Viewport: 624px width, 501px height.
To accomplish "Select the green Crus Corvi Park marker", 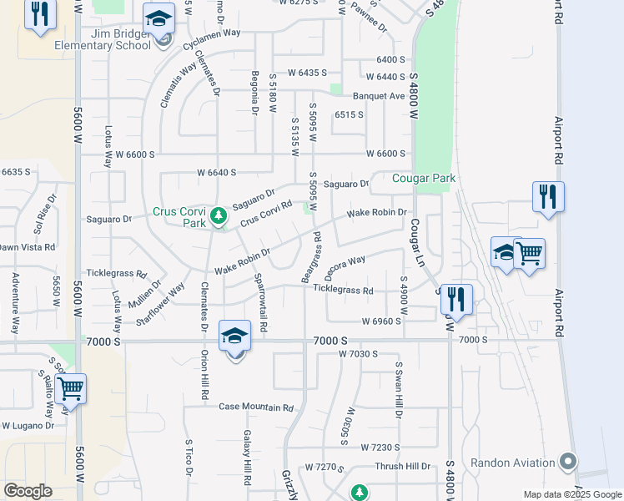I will (219, 217).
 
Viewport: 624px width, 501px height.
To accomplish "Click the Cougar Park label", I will (425, 178).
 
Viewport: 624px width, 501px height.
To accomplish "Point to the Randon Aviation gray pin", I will (569, 462).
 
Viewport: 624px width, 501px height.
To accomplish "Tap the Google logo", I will (28, 490).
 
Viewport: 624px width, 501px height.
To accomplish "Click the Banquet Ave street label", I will (378, 96).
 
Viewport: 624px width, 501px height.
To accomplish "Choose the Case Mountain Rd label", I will (257, 407).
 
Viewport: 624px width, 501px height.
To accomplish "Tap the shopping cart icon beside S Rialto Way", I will (70, 387).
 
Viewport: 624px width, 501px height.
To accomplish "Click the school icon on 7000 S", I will (235, 337).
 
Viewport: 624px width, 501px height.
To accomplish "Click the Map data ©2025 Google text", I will (572, 494).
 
